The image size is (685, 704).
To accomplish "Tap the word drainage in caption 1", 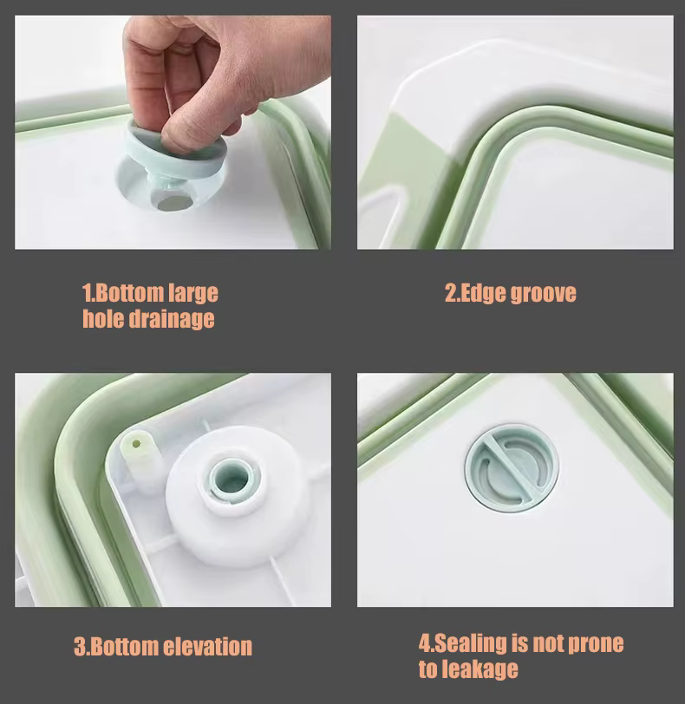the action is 172,319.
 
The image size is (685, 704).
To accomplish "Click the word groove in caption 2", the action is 544,294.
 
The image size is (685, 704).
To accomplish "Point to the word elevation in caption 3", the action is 207,647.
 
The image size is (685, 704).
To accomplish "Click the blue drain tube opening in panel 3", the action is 231,479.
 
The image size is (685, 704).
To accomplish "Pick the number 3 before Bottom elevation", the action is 80,647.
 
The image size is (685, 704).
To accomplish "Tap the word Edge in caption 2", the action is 483,294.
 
